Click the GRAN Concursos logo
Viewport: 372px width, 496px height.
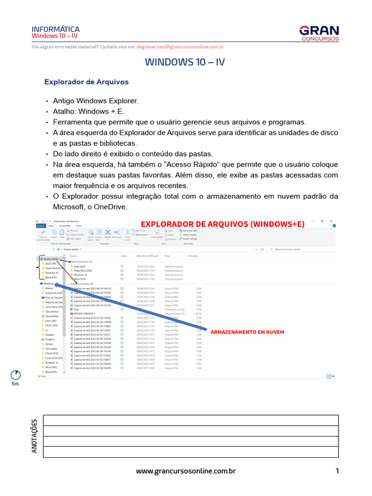319,33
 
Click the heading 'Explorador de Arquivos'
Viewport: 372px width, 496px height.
87,82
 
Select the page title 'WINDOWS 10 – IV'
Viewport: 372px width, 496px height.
185,62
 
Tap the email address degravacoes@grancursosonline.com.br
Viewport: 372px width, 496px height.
180,47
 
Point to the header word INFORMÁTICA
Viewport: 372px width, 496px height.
56,30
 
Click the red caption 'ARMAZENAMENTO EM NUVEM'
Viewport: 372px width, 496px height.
247,332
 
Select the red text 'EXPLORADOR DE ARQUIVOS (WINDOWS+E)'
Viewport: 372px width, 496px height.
222,224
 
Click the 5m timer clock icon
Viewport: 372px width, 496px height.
15,375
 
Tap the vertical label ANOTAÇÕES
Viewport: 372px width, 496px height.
34,436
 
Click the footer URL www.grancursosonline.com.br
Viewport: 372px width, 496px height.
186,471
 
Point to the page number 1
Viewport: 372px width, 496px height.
337,471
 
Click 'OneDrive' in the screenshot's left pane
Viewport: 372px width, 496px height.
48,284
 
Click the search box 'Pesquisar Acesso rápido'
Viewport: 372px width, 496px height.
295,249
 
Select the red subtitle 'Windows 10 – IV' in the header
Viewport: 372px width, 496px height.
55,36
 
